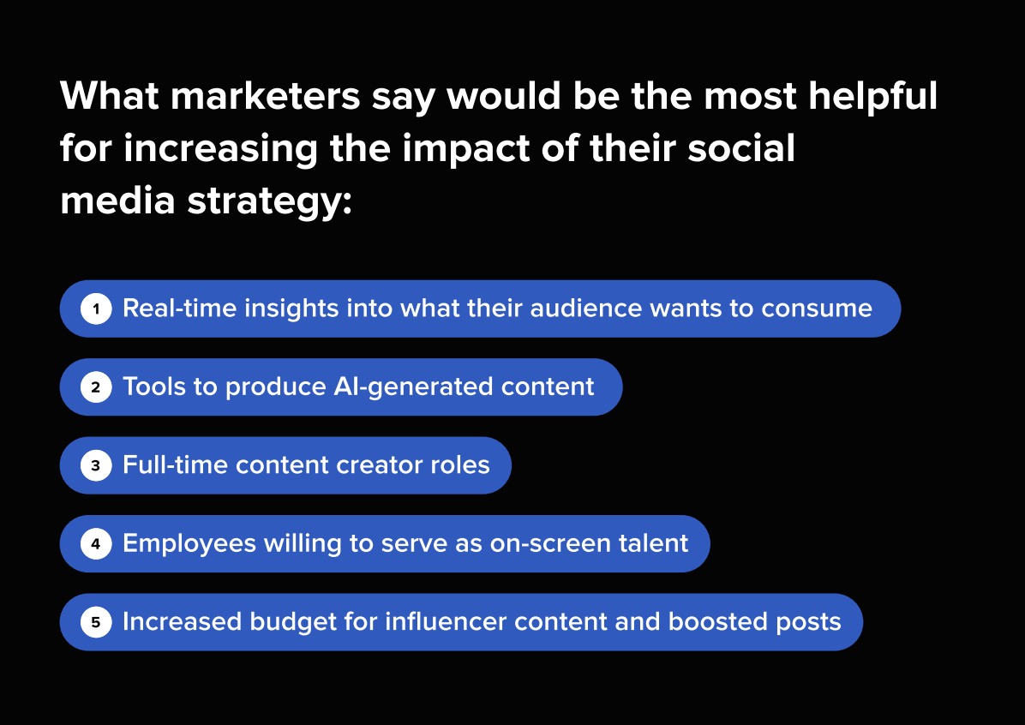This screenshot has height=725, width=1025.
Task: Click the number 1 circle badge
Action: (96, 309)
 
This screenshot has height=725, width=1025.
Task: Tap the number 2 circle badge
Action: (96, 387)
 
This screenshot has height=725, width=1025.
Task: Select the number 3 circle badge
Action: (96, 465)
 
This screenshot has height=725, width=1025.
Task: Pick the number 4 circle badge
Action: (96, 544)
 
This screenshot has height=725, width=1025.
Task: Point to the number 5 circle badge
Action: (96, 622)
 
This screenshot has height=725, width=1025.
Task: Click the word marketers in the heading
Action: (266, 96)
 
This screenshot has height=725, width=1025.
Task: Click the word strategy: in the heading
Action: (270, 202)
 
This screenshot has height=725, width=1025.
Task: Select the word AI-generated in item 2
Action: (415, 387)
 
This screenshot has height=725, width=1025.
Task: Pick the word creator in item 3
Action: (371, 465)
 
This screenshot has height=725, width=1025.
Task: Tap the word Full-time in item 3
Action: (175, 464)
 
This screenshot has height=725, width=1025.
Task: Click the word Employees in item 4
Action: (189, 544)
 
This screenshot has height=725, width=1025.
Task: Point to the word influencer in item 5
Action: (446, 621)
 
